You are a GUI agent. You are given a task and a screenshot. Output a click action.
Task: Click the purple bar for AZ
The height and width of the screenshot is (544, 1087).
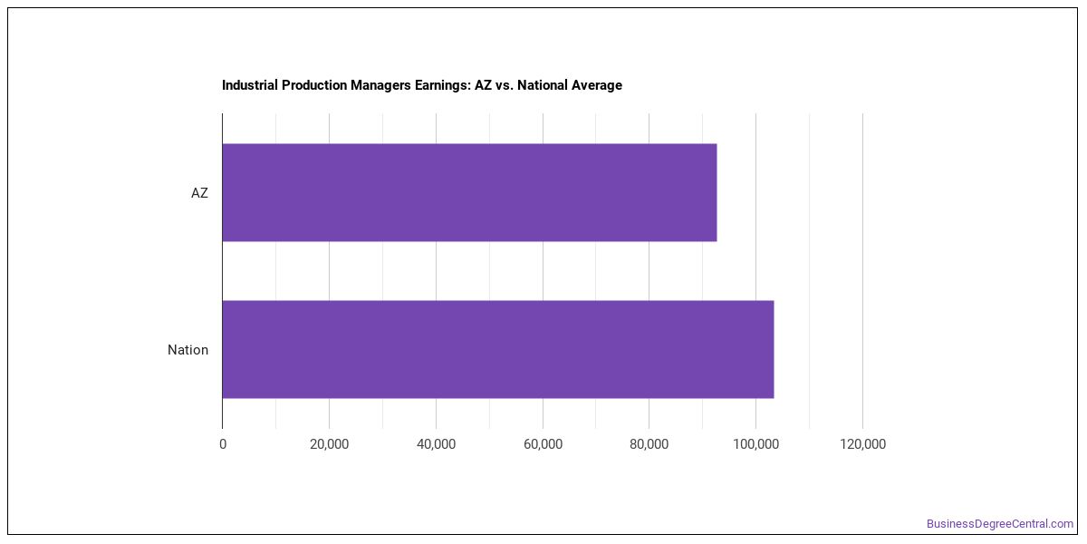[470, 192]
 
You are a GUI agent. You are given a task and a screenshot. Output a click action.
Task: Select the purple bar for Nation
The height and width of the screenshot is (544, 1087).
[498, 349]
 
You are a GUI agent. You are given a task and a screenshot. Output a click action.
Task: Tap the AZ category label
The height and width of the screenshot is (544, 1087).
[199, 193]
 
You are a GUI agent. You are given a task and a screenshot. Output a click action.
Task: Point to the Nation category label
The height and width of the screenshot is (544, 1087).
[188, 350]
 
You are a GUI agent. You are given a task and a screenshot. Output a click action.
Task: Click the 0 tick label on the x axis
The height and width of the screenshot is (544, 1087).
[223, 444]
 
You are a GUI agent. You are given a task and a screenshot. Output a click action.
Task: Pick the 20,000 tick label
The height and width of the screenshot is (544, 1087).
[330, 444]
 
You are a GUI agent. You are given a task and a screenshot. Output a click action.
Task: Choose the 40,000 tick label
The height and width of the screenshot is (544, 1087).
[437, 444]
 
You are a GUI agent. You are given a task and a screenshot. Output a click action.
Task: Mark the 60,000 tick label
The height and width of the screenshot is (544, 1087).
[543, 444]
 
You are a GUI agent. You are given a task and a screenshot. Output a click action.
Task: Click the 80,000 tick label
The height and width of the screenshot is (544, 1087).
[649, 444]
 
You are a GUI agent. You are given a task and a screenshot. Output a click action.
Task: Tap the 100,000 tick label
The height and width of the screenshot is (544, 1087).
[756, 444]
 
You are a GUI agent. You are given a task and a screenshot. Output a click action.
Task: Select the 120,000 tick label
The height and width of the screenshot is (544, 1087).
[862, 444]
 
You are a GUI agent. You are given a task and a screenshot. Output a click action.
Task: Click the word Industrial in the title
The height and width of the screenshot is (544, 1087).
[250, 85]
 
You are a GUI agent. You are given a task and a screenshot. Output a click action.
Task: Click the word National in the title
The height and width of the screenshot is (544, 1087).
[542, 85]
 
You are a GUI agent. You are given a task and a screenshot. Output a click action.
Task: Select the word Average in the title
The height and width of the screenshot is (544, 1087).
[596, 85]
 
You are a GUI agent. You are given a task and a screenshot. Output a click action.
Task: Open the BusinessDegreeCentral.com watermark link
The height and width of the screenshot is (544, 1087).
[1000, 524]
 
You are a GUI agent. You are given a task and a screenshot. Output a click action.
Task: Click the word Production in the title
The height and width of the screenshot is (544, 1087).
[314, 85]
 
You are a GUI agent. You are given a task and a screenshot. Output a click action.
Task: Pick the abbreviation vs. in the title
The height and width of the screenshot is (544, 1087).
[505, 86]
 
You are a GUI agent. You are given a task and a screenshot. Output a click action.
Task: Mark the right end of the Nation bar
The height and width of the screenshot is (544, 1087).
[774, 349]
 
